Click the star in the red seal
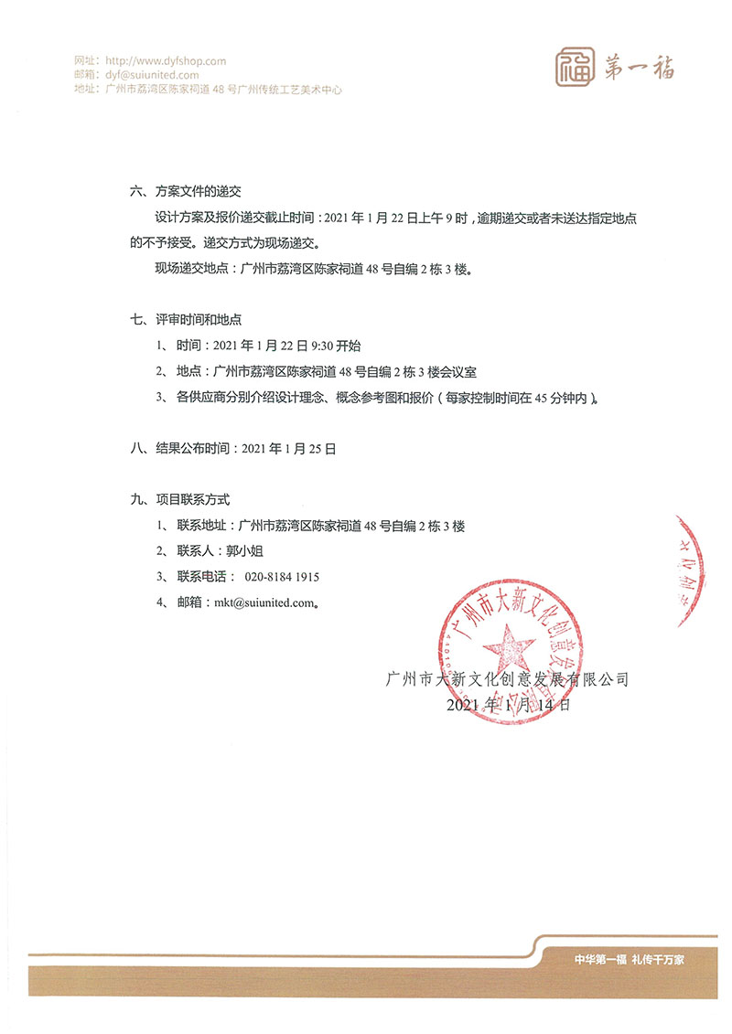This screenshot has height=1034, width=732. (510, 651)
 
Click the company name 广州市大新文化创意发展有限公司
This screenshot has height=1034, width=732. (509, 680)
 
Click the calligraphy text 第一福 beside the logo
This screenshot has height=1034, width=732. (640, 66)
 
